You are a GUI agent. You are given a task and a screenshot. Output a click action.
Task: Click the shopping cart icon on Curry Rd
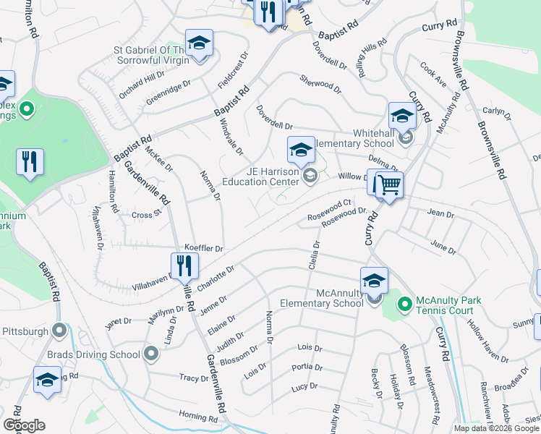[387, 186]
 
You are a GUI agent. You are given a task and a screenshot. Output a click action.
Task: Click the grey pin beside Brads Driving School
[151, 354]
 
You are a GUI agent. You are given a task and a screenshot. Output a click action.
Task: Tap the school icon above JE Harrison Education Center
[301, 150]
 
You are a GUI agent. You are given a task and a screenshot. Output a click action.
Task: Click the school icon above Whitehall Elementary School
[402, 116]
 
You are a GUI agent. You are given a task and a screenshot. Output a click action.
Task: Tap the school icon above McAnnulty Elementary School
[374, 281]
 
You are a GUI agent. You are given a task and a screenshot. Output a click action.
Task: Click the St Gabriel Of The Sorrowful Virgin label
[151, 55]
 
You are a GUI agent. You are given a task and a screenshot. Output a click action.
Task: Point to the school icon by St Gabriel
[199, 43]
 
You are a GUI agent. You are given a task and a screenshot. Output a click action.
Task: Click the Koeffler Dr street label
[203, 248]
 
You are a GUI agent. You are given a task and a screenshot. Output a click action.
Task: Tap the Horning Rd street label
[198, 417]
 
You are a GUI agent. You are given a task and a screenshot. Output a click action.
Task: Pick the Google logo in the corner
[24, 425]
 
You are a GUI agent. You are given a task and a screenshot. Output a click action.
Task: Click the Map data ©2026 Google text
[497, 428]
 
